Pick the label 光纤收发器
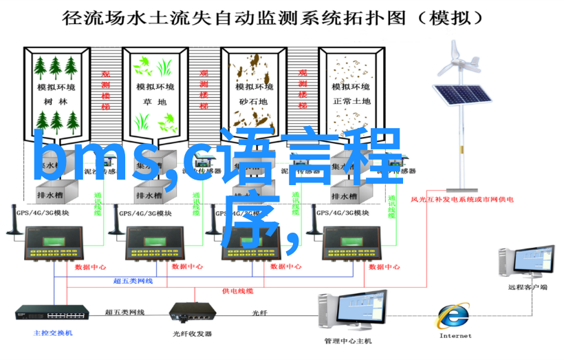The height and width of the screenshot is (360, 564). click(192, 335)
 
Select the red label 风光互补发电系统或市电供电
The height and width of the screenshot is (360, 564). click(462, 200)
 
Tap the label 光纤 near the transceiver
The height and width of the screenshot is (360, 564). click(259, 312)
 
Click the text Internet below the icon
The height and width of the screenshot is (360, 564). click(455, 336)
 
